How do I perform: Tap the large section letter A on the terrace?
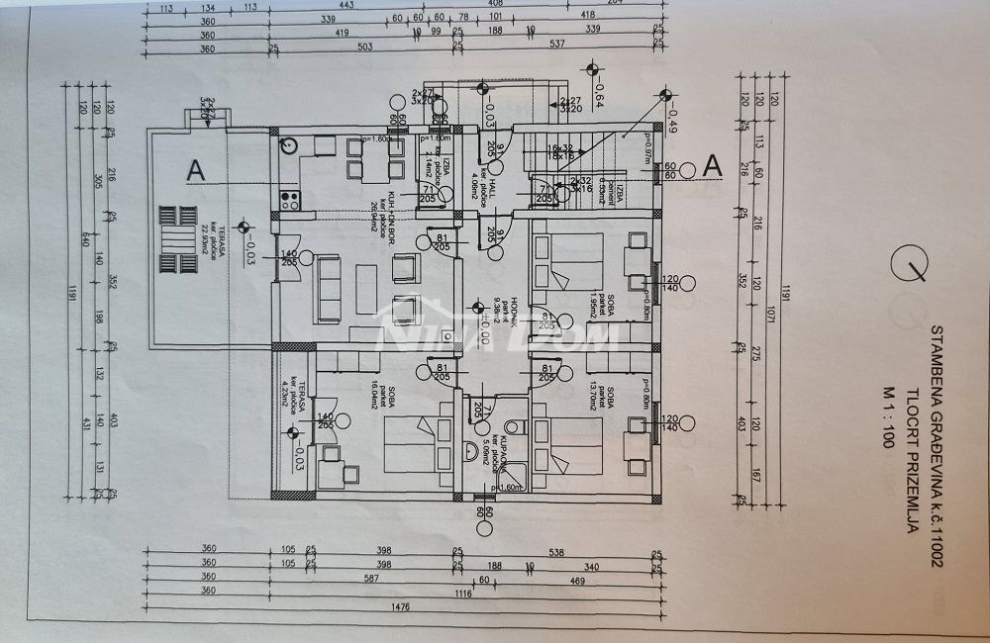pyautogui.click(x=195, y=170)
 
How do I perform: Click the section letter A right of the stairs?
pyautogui.click(x=711, y=166)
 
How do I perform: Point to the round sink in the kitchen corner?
pyautogui.click(x=288, y=145)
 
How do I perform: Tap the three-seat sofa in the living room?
pyautogui.click(x=326, y=290)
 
